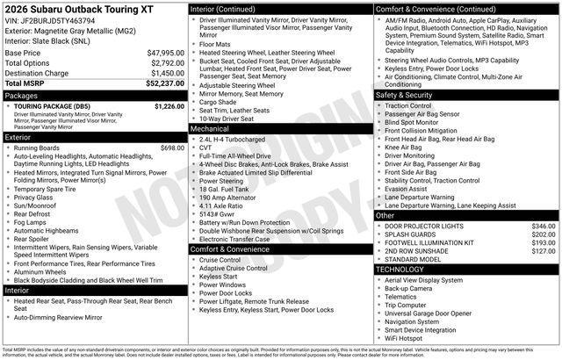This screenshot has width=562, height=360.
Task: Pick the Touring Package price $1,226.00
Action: (169, 105)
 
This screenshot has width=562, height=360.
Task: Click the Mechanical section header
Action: (209, 128)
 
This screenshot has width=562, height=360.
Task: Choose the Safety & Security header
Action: (403, 95)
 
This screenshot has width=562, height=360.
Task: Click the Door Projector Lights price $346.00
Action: (544, 227)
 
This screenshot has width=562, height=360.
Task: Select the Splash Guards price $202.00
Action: (544, 234)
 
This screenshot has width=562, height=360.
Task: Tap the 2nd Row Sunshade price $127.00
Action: (544, 251)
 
